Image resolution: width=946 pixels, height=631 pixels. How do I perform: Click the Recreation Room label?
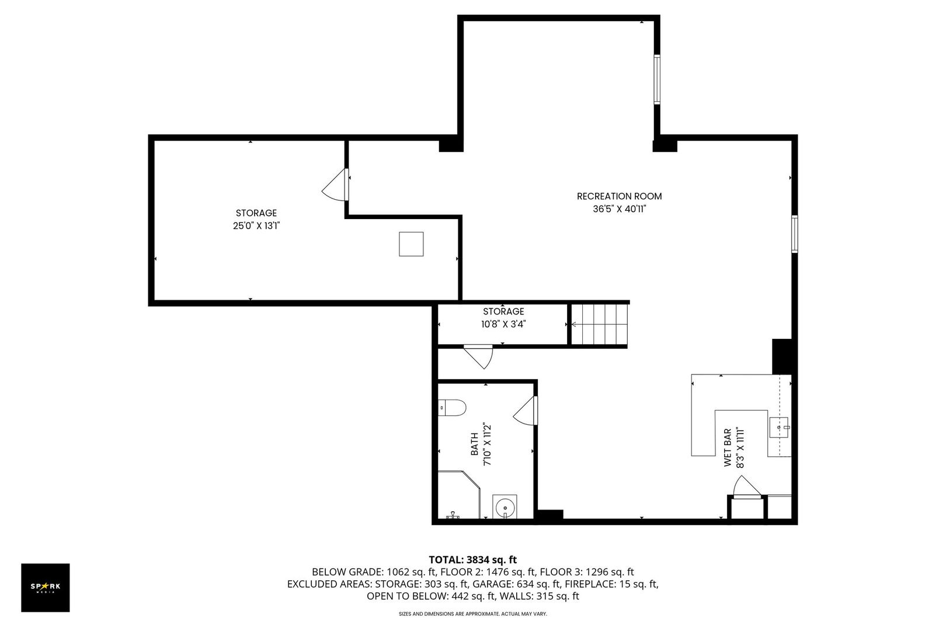[619, 196]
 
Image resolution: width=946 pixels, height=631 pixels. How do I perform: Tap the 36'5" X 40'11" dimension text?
[619, 209]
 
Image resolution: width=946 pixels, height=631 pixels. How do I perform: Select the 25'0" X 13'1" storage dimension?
[256, 226]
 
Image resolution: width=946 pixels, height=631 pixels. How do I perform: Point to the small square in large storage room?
[411, 244]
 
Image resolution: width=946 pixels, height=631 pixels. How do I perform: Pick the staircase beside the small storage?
[599, 324]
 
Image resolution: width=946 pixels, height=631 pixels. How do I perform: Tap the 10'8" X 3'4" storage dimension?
[503, 324]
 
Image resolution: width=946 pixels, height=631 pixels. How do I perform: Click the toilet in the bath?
[452, 407]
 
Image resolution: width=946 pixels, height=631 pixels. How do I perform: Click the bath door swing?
[526, 410]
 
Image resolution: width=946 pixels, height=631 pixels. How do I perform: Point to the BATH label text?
[474, 444]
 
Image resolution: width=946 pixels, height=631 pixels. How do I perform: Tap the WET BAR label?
[728, 448]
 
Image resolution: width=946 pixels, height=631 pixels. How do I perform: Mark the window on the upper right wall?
[657, 79]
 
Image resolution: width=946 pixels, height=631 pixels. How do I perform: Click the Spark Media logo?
[46, 587]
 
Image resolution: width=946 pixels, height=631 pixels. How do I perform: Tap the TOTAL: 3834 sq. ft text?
[472, 559]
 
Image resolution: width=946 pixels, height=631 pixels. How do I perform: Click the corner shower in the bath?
[458, 494]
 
